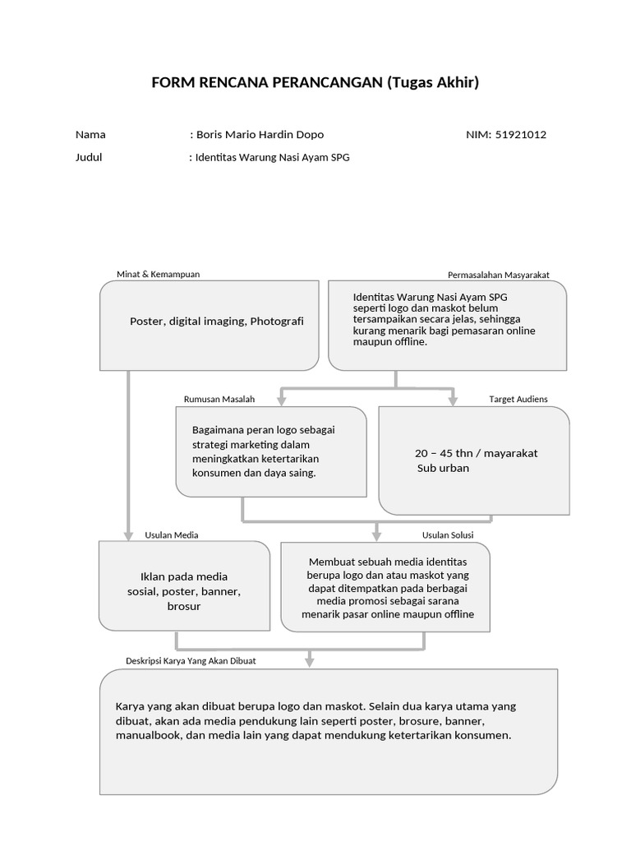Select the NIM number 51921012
point(521,135)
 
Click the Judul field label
point(89,157)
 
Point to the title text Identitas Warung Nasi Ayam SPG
point(272,157)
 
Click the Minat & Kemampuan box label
point(159,275)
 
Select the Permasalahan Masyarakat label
point(498,275)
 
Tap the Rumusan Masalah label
point(219,399)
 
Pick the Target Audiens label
point(518,399)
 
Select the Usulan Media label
point(172,534)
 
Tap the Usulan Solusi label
point(447,534)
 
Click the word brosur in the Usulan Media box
point(184,606)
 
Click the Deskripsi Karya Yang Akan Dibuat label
point(191,660)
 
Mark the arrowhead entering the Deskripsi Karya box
point(309,661)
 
